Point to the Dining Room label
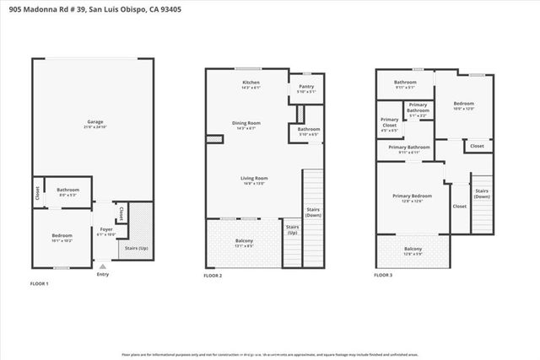pyautogui.click(x=246, y=123)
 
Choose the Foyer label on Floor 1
pyautogui.click(x=106, y=228)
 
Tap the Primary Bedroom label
pyautogui.click(x=413, y=196)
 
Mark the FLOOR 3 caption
pyautogui.click(x=383, y=276)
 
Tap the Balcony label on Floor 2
pyautogui.click(x=244, y=241)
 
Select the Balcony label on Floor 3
pyautogui.click(x=413, y=249)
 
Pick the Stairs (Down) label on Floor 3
pyautogui.click(x=482, y=193)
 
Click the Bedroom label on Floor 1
pyautogui.click(x=62, y=235)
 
